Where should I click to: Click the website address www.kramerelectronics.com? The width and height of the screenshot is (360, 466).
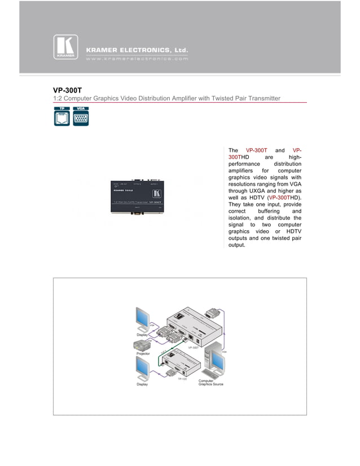137,59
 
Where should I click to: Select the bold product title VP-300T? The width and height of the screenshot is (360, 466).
67,89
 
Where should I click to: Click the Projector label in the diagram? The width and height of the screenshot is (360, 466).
143,353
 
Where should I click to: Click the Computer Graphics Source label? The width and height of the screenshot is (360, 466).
211,383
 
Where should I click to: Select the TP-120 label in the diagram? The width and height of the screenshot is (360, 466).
182,379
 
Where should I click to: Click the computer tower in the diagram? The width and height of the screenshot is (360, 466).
215,362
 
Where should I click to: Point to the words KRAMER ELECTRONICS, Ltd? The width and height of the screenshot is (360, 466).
137,50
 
